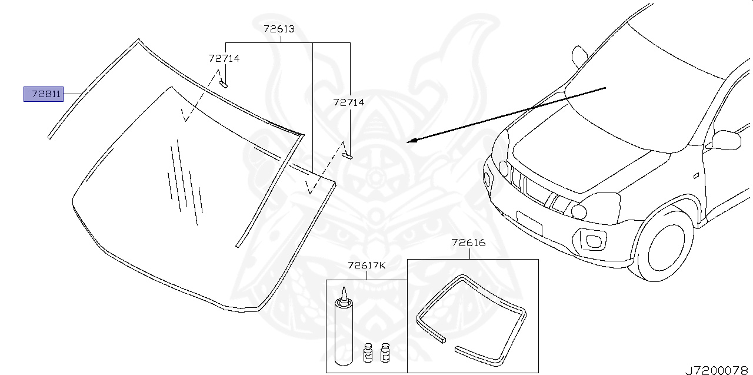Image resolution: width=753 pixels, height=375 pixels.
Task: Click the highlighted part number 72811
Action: click(x=44, y=94)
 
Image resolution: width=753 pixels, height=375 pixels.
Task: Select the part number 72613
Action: click(x=279, y=29)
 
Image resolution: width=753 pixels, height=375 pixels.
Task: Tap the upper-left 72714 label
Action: click(x=224, y=58)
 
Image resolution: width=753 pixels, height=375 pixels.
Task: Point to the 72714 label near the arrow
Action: click(x=349, y=102)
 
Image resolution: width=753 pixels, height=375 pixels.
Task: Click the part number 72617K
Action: click(x=366, y=266)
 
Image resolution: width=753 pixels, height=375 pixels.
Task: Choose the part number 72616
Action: click(x=468, y=243)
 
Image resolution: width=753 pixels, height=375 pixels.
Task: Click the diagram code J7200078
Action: click(x=718, y=369)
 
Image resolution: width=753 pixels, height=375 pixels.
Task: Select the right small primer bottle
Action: click(x=386, y=352)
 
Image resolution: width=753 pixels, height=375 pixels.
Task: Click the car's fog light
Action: click(x=591, y=240)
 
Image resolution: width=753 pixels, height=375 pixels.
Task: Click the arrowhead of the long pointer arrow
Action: click(x=411, y=141)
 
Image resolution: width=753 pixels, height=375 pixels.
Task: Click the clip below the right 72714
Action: click(x=347, y=156)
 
